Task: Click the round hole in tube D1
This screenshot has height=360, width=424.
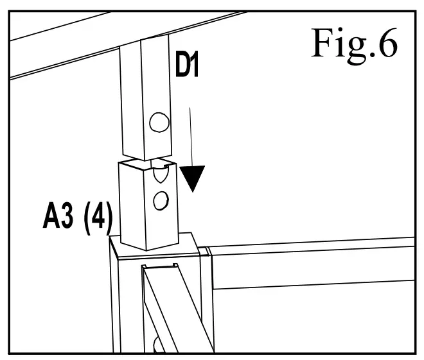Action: (x=158, y=121)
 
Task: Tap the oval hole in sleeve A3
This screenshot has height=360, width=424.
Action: (x=159, y=200)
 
